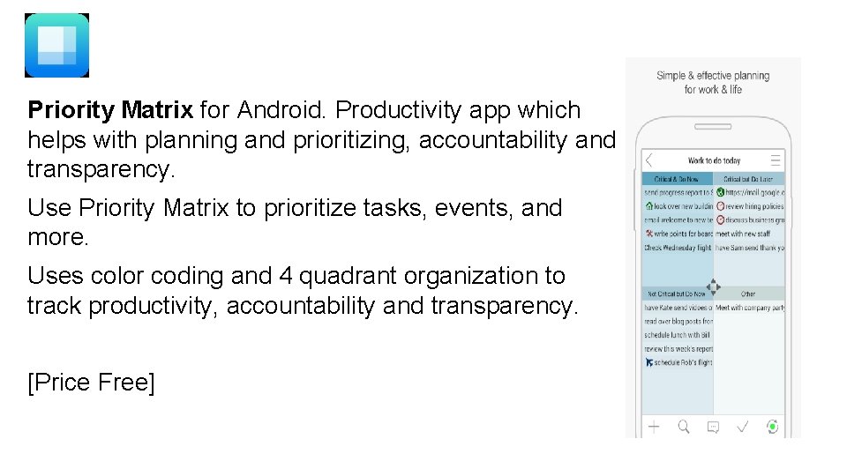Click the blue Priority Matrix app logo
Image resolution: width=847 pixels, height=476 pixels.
pos(56,45)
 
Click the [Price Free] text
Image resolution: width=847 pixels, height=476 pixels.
pos(91,383)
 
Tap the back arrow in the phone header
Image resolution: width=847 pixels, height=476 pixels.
pos(650,160)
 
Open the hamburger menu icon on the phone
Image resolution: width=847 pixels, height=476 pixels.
pos(776,160)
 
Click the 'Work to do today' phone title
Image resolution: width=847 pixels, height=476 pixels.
pos(714,161)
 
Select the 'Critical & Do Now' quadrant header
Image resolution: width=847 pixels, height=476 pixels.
pos(677,179)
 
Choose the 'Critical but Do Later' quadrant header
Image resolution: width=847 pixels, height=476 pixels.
pos(749,179)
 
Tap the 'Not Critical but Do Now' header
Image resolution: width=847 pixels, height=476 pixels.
pos(677,294)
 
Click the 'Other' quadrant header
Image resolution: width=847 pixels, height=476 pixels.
pos(748,294)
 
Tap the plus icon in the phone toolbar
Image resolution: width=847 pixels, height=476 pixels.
pos(654,427)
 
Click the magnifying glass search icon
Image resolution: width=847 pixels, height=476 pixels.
pos(684,427)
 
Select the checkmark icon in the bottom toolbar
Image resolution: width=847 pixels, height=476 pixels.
pos(743,427)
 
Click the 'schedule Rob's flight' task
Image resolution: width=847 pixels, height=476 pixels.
pos(679,362)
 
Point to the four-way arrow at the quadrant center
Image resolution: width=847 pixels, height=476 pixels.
pos(714,286)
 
